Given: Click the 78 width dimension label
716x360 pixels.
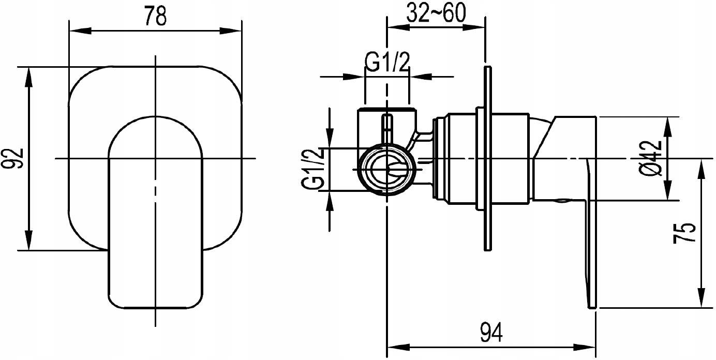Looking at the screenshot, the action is coord(155,16).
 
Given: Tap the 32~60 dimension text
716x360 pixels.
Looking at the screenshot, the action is coord(436,13).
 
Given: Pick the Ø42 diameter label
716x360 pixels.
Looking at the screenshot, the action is coord(650,158).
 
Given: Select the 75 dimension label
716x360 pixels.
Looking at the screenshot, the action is coord(684,233).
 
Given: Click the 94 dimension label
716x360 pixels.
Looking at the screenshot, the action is coord(491,333).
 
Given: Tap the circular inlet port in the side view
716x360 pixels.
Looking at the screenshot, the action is coord(387,170).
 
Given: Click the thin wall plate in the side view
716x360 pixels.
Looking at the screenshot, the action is coord(488,159).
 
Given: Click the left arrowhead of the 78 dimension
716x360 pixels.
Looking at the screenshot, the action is coord(80,31).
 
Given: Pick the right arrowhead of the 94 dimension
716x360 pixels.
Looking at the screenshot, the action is coord(585,348).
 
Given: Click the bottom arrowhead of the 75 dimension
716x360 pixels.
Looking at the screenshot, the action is coord(702,298).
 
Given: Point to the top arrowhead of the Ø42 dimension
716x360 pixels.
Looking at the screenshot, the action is coord(668,128).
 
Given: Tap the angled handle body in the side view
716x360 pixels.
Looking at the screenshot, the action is coord(564,159).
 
